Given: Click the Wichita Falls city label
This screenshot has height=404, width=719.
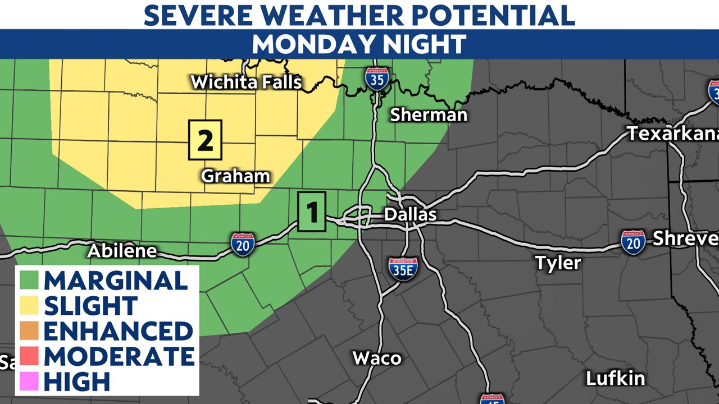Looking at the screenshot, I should [247, 82].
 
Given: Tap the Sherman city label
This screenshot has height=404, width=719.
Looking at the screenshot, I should [429, 115].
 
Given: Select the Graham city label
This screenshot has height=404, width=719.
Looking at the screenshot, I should [235, 176].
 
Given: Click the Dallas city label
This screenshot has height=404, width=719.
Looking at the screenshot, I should [410, 214].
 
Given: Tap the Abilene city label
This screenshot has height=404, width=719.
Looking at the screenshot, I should [122, 251].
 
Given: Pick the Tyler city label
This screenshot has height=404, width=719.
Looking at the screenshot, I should [558, 262].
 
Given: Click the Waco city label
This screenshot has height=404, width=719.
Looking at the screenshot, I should [377, 358].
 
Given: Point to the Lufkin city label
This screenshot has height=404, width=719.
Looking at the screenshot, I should [615, 379].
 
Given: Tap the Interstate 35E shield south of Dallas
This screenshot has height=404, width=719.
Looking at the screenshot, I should [403, 269].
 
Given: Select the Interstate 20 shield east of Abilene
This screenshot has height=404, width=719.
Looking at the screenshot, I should [243, 245].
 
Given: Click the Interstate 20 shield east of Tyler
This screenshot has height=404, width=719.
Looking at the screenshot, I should [633, 242].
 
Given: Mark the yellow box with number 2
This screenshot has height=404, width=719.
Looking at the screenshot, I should [206, 140].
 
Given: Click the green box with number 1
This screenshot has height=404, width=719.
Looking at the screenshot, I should [312, 212].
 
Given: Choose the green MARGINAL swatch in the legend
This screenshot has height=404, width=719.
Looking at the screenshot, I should [29, 280].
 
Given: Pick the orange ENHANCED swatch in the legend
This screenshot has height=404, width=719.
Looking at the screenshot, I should [29, 331].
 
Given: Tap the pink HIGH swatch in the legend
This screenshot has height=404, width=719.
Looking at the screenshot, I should [29, 382].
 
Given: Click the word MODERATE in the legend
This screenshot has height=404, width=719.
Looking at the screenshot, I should [119, 356].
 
